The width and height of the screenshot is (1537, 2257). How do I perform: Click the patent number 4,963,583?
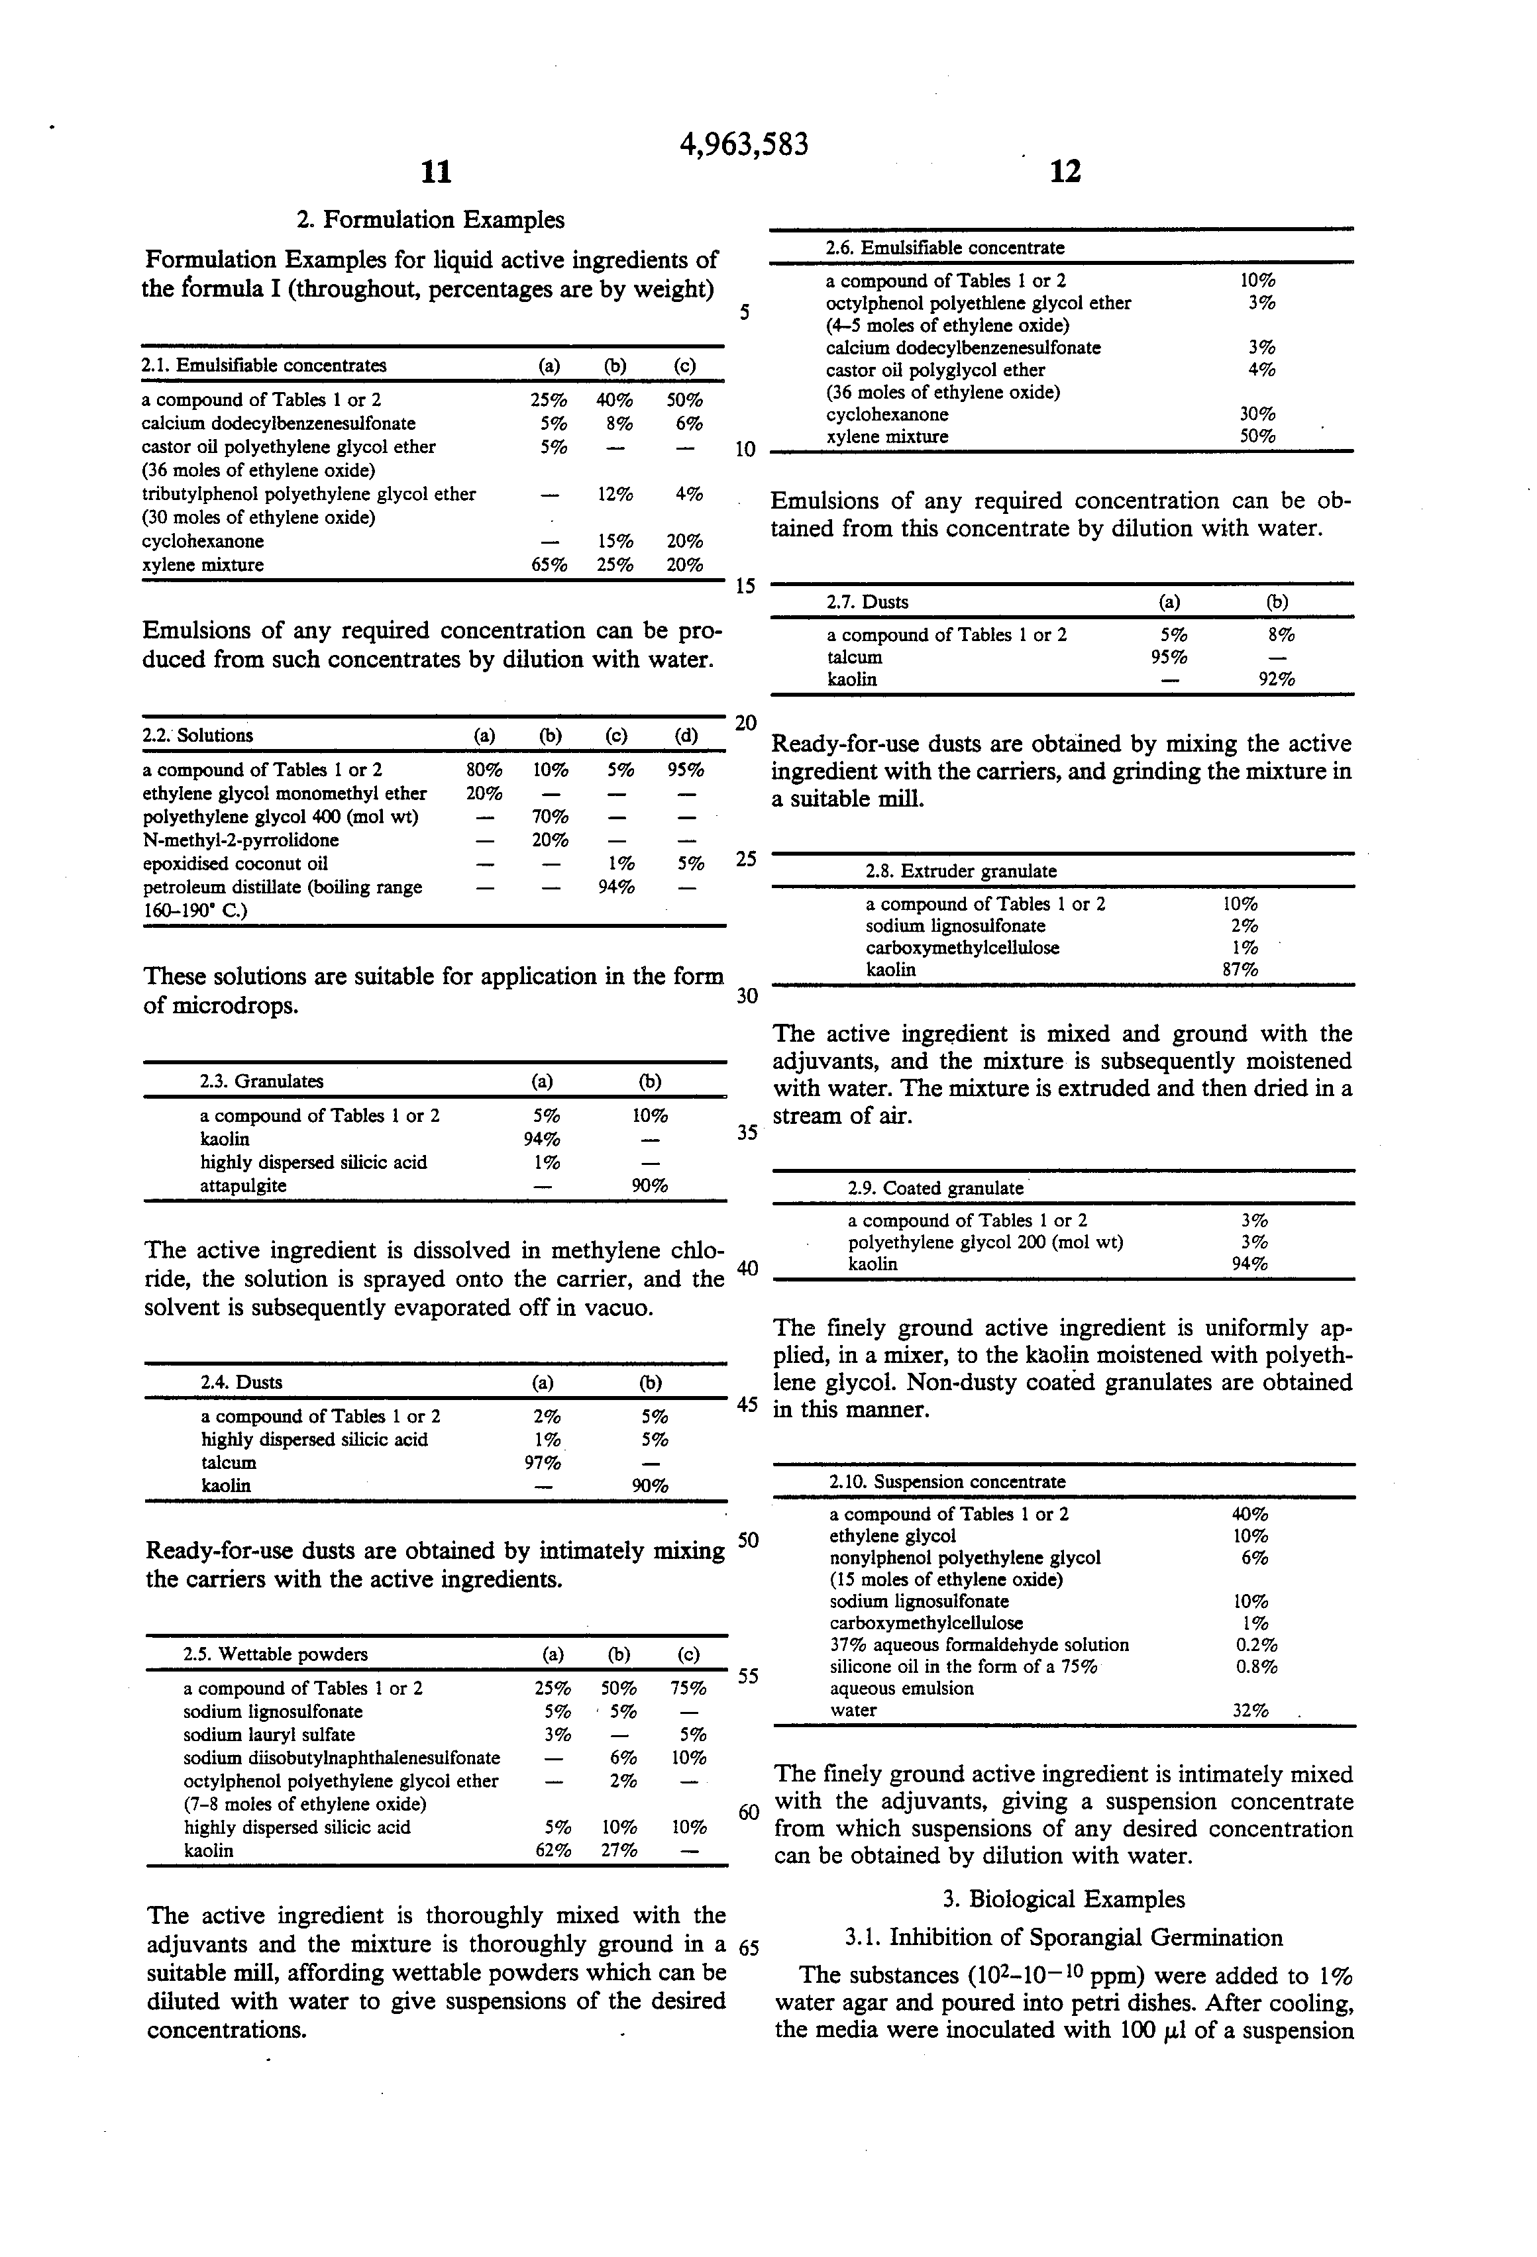743,144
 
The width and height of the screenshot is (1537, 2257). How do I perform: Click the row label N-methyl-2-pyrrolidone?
241,840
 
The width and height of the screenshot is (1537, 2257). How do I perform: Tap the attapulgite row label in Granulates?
243,1186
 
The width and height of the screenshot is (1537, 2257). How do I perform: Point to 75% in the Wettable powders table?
688,1689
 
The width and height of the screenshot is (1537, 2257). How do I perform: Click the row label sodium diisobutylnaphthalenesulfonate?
342,1758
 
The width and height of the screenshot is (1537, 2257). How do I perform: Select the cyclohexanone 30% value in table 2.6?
1257,414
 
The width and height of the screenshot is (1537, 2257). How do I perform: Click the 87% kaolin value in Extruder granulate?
1240,970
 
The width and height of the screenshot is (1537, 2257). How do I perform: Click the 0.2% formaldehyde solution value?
1255,1645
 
